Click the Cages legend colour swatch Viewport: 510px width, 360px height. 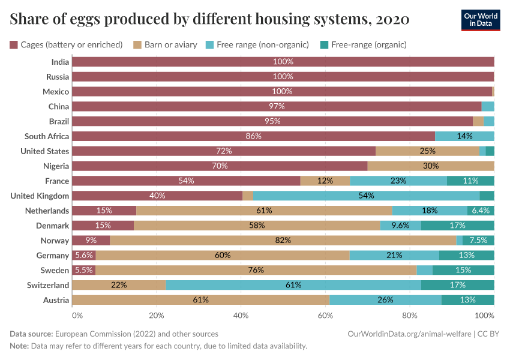point(14,44)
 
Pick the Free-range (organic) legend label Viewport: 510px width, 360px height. point(368,44)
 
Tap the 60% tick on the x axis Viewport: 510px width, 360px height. point(325,315)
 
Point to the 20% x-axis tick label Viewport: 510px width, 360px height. point(156,315)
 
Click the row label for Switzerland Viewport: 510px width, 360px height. point(47,285)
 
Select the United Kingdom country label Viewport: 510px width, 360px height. point(40,196)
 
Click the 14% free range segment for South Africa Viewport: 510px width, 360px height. point(464,136)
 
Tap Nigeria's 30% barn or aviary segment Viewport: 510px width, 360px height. point(430,166)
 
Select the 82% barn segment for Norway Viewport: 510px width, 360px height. point(283,240)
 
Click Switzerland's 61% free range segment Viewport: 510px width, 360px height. point(293,285)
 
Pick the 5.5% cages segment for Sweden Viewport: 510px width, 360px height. point(83,270)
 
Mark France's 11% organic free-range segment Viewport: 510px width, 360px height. point(470,181)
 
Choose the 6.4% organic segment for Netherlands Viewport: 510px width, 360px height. point(481,211)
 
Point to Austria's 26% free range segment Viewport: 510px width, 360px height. point(385,300)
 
